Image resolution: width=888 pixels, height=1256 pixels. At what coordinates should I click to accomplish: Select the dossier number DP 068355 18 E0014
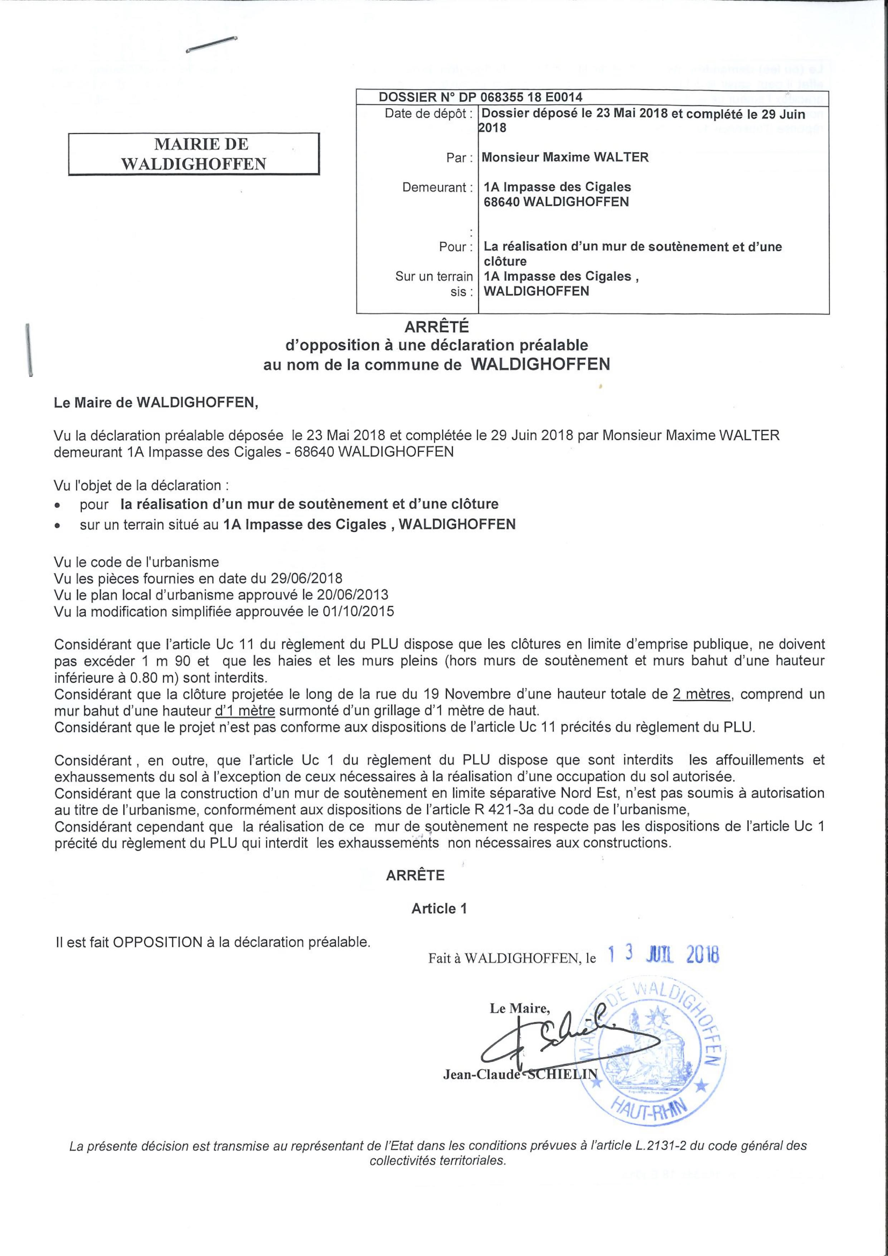[531, 97]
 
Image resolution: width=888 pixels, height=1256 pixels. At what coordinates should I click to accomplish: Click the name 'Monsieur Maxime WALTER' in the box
[565, 157]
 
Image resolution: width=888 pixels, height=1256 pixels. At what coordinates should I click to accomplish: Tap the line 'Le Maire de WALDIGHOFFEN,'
[155, 403]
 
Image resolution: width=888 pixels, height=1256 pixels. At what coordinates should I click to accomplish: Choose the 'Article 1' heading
[439, 909]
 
